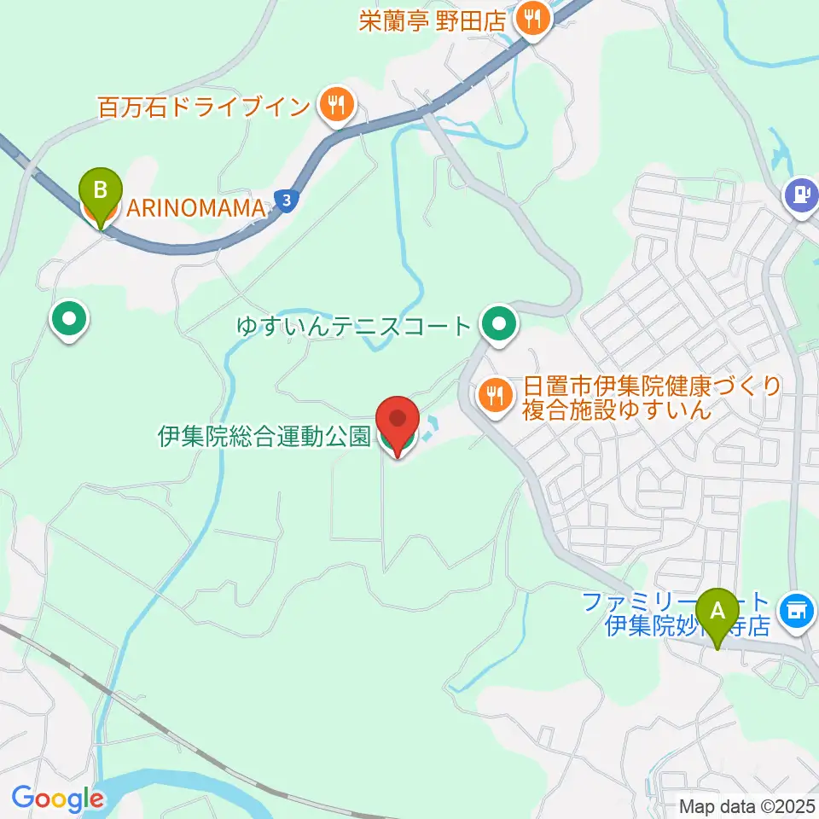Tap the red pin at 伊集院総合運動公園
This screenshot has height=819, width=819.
pyautogui.click(x=398, y=422)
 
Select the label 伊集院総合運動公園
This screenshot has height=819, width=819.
pyautogui.click(x=263, y=438)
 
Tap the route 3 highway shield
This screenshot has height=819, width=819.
pyautogui.click(x=288, y=200)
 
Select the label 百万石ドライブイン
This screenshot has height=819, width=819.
pyautogui.click(x=203, y=107)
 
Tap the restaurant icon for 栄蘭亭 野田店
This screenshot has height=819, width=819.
pyautogui.click(x=533, y=20)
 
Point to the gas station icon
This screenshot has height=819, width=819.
pyautogui.click(x=801, y=194)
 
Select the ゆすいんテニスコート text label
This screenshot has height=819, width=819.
pyautogui.click(x=353, y=325)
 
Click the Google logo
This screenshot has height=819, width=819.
pyautogui.click(x=57, y=799)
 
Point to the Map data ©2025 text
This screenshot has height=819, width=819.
pyautogui.click(x=746, y=804)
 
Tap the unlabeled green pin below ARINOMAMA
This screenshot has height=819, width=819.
pyautogui.click(x=69, y=320)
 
